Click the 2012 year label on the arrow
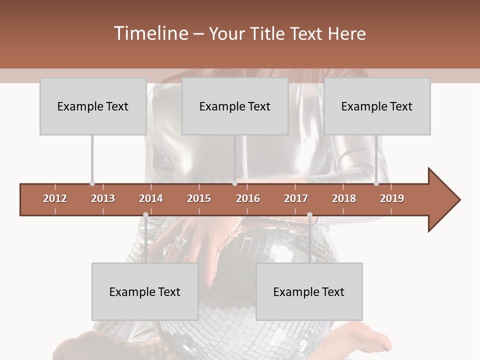[x=55, y=198]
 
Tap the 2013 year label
[x=103, y=198]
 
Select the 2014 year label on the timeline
[x=151, y=198]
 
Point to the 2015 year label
[x=199, y=198]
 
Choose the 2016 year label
[x=248, y=198]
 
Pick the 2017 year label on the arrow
[x=296, y=198]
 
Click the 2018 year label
[x=344, y=198]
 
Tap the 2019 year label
[x=392, y=198]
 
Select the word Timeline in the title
[x=150, y=33]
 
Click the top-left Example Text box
[x=93, y=106]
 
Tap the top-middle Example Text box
[x=235, y=106]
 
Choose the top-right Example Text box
[x=377, y=106]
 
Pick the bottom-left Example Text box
[x=145, y=292]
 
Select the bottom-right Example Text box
[x=309, y=292]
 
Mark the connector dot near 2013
[x=92, y=183]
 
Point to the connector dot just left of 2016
[x=234, y=183]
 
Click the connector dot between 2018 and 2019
[x=376, y=183]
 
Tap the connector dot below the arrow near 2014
[x=145, y=214]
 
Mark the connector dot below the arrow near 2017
[x=309, y=214]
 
